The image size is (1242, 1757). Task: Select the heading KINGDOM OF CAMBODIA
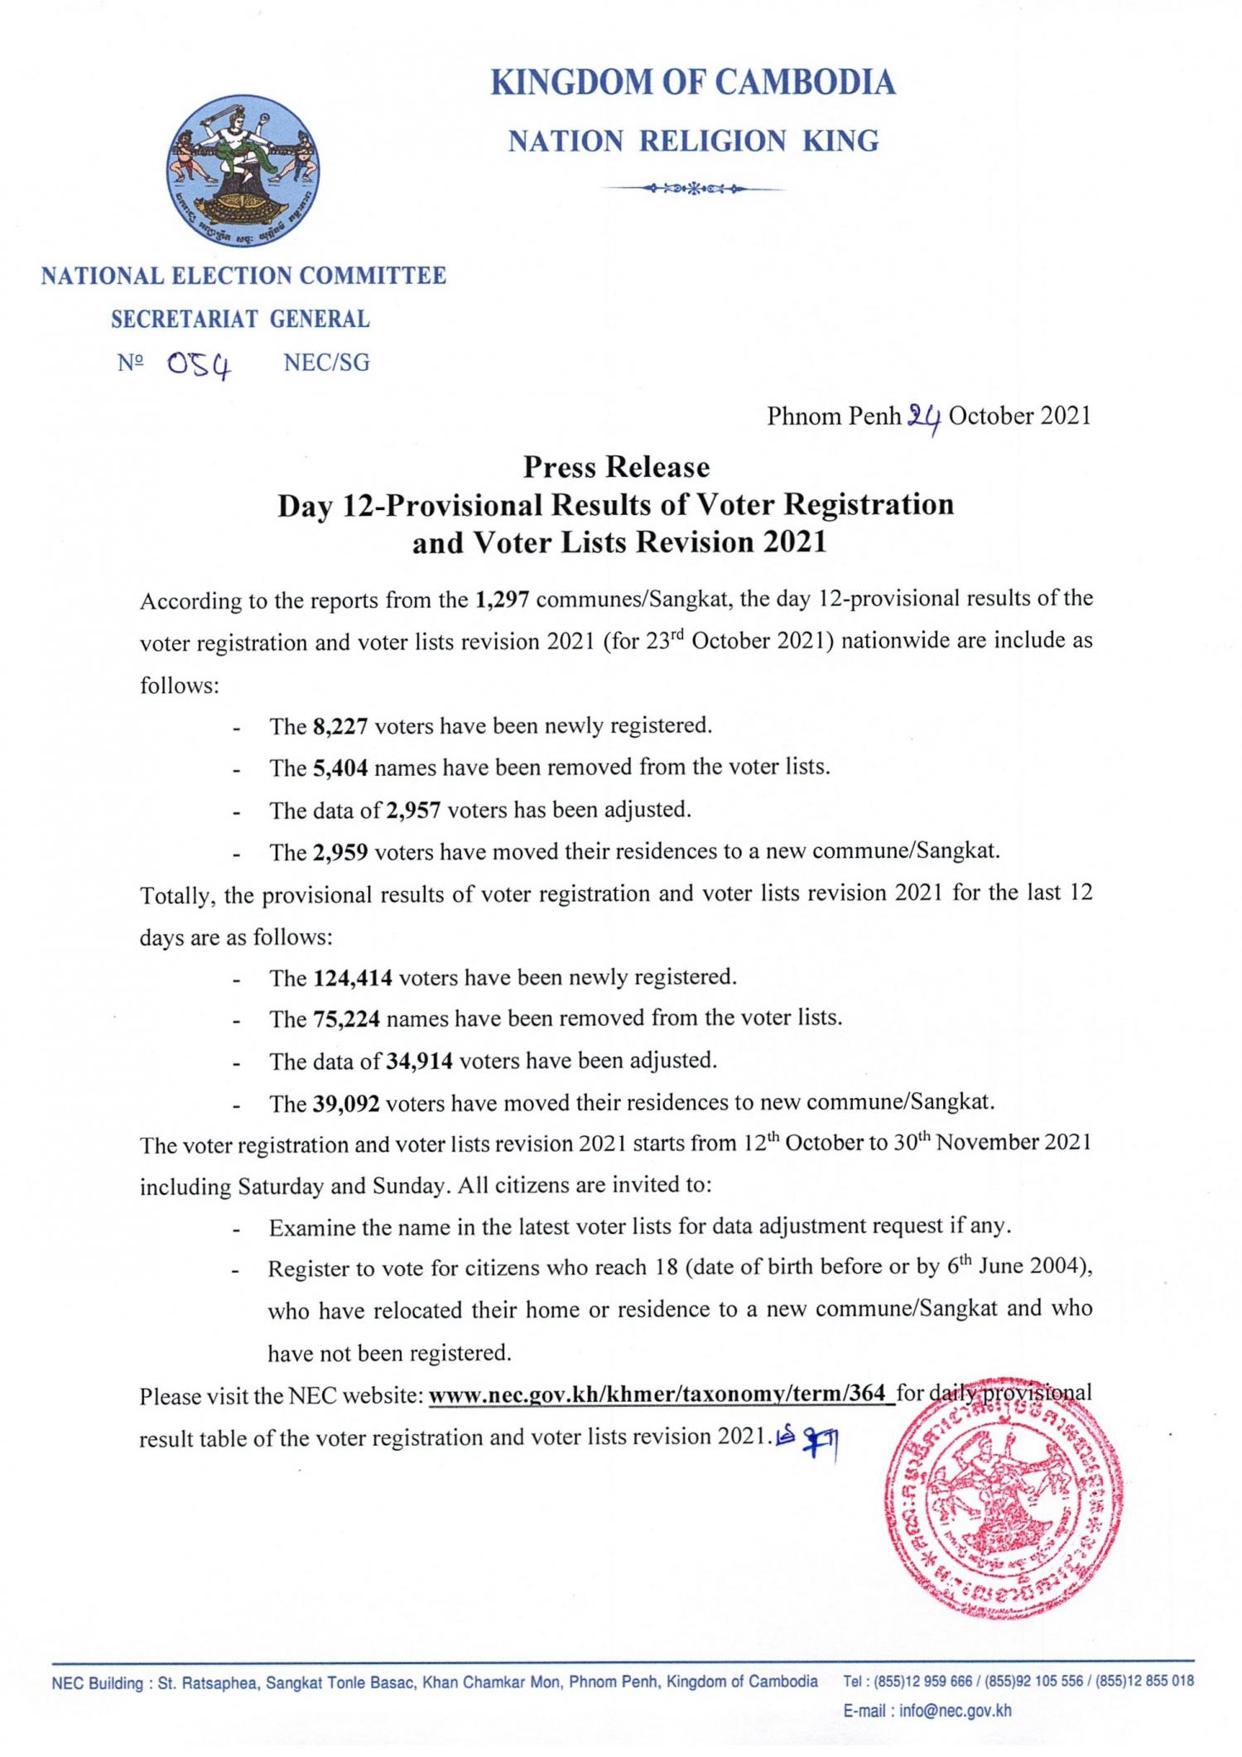693,83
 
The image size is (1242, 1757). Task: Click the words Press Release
616,468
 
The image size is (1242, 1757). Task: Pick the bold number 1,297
503,599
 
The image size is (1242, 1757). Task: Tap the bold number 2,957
413,810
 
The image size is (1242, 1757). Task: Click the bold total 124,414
353,978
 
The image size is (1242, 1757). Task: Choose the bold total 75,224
346,1019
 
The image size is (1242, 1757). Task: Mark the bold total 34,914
419,1061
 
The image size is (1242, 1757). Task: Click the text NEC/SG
326,363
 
